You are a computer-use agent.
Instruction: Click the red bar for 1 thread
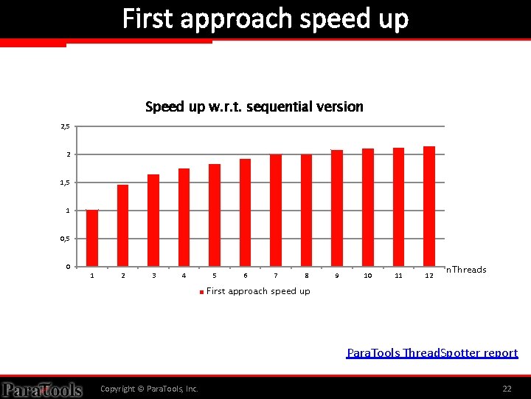[x=92, y=238]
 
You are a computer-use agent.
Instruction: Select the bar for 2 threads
[x=122, y=225]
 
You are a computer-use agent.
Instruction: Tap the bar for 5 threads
[x=215, y=215]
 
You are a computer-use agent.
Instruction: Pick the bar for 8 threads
[x=306, y=210]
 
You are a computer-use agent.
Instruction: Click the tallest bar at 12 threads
[x=429, y=206]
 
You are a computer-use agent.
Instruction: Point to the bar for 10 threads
[x=368, y=208]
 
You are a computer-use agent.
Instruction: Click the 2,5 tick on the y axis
[x=65, y=127]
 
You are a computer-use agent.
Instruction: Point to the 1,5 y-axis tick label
[x=65, y=183]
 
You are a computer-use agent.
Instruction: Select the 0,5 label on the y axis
[x=65, y=239]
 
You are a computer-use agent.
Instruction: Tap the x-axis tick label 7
[x=276, y=276]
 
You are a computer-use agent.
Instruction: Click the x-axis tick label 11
[x=398, y=276]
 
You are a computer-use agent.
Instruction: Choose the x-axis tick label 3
[x=153, y=276]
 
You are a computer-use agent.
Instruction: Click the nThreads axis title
[x=466, y=270]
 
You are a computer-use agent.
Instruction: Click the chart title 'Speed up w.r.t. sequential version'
[x=254, y=107]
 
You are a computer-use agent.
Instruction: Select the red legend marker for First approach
[x=201, y=292]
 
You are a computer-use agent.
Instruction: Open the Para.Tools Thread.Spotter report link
[x=432, y=353]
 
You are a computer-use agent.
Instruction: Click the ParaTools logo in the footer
[x=42, y=389]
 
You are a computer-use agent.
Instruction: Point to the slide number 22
[x=507, y=389]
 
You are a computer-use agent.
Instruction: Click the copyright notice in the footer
[x=149, y=389]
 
